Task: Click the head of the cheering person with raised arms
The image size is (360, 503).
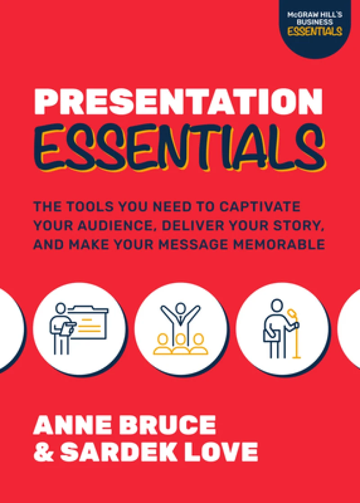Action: pos(180,308)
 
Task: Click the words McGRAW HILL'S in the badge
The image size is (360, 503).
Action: pos(315,14)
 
